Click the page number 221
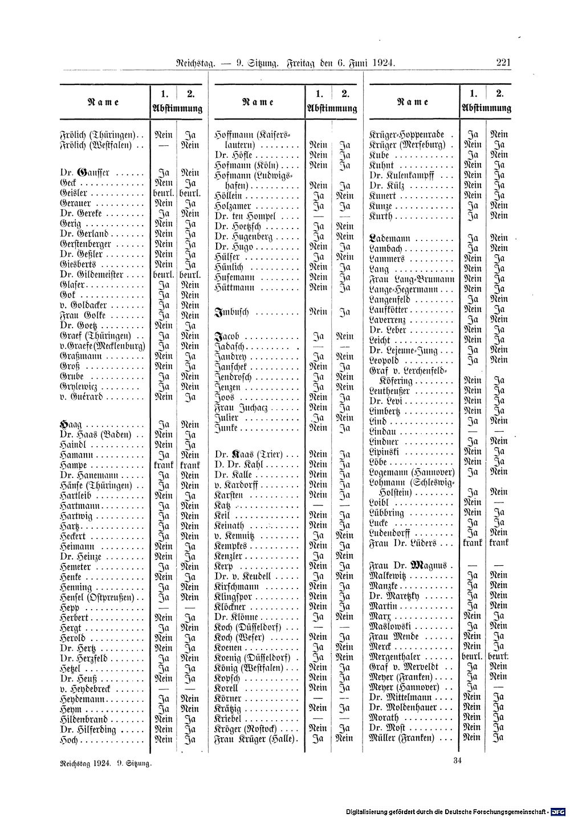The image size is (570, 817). pyautogui.click(x=503, y=63)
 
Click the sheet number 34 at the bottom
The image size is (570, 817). pyautogui.click(x=457, y=760)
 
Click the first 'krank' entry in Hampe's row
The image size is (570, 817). pyautogui.click(x=164, y=465)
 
